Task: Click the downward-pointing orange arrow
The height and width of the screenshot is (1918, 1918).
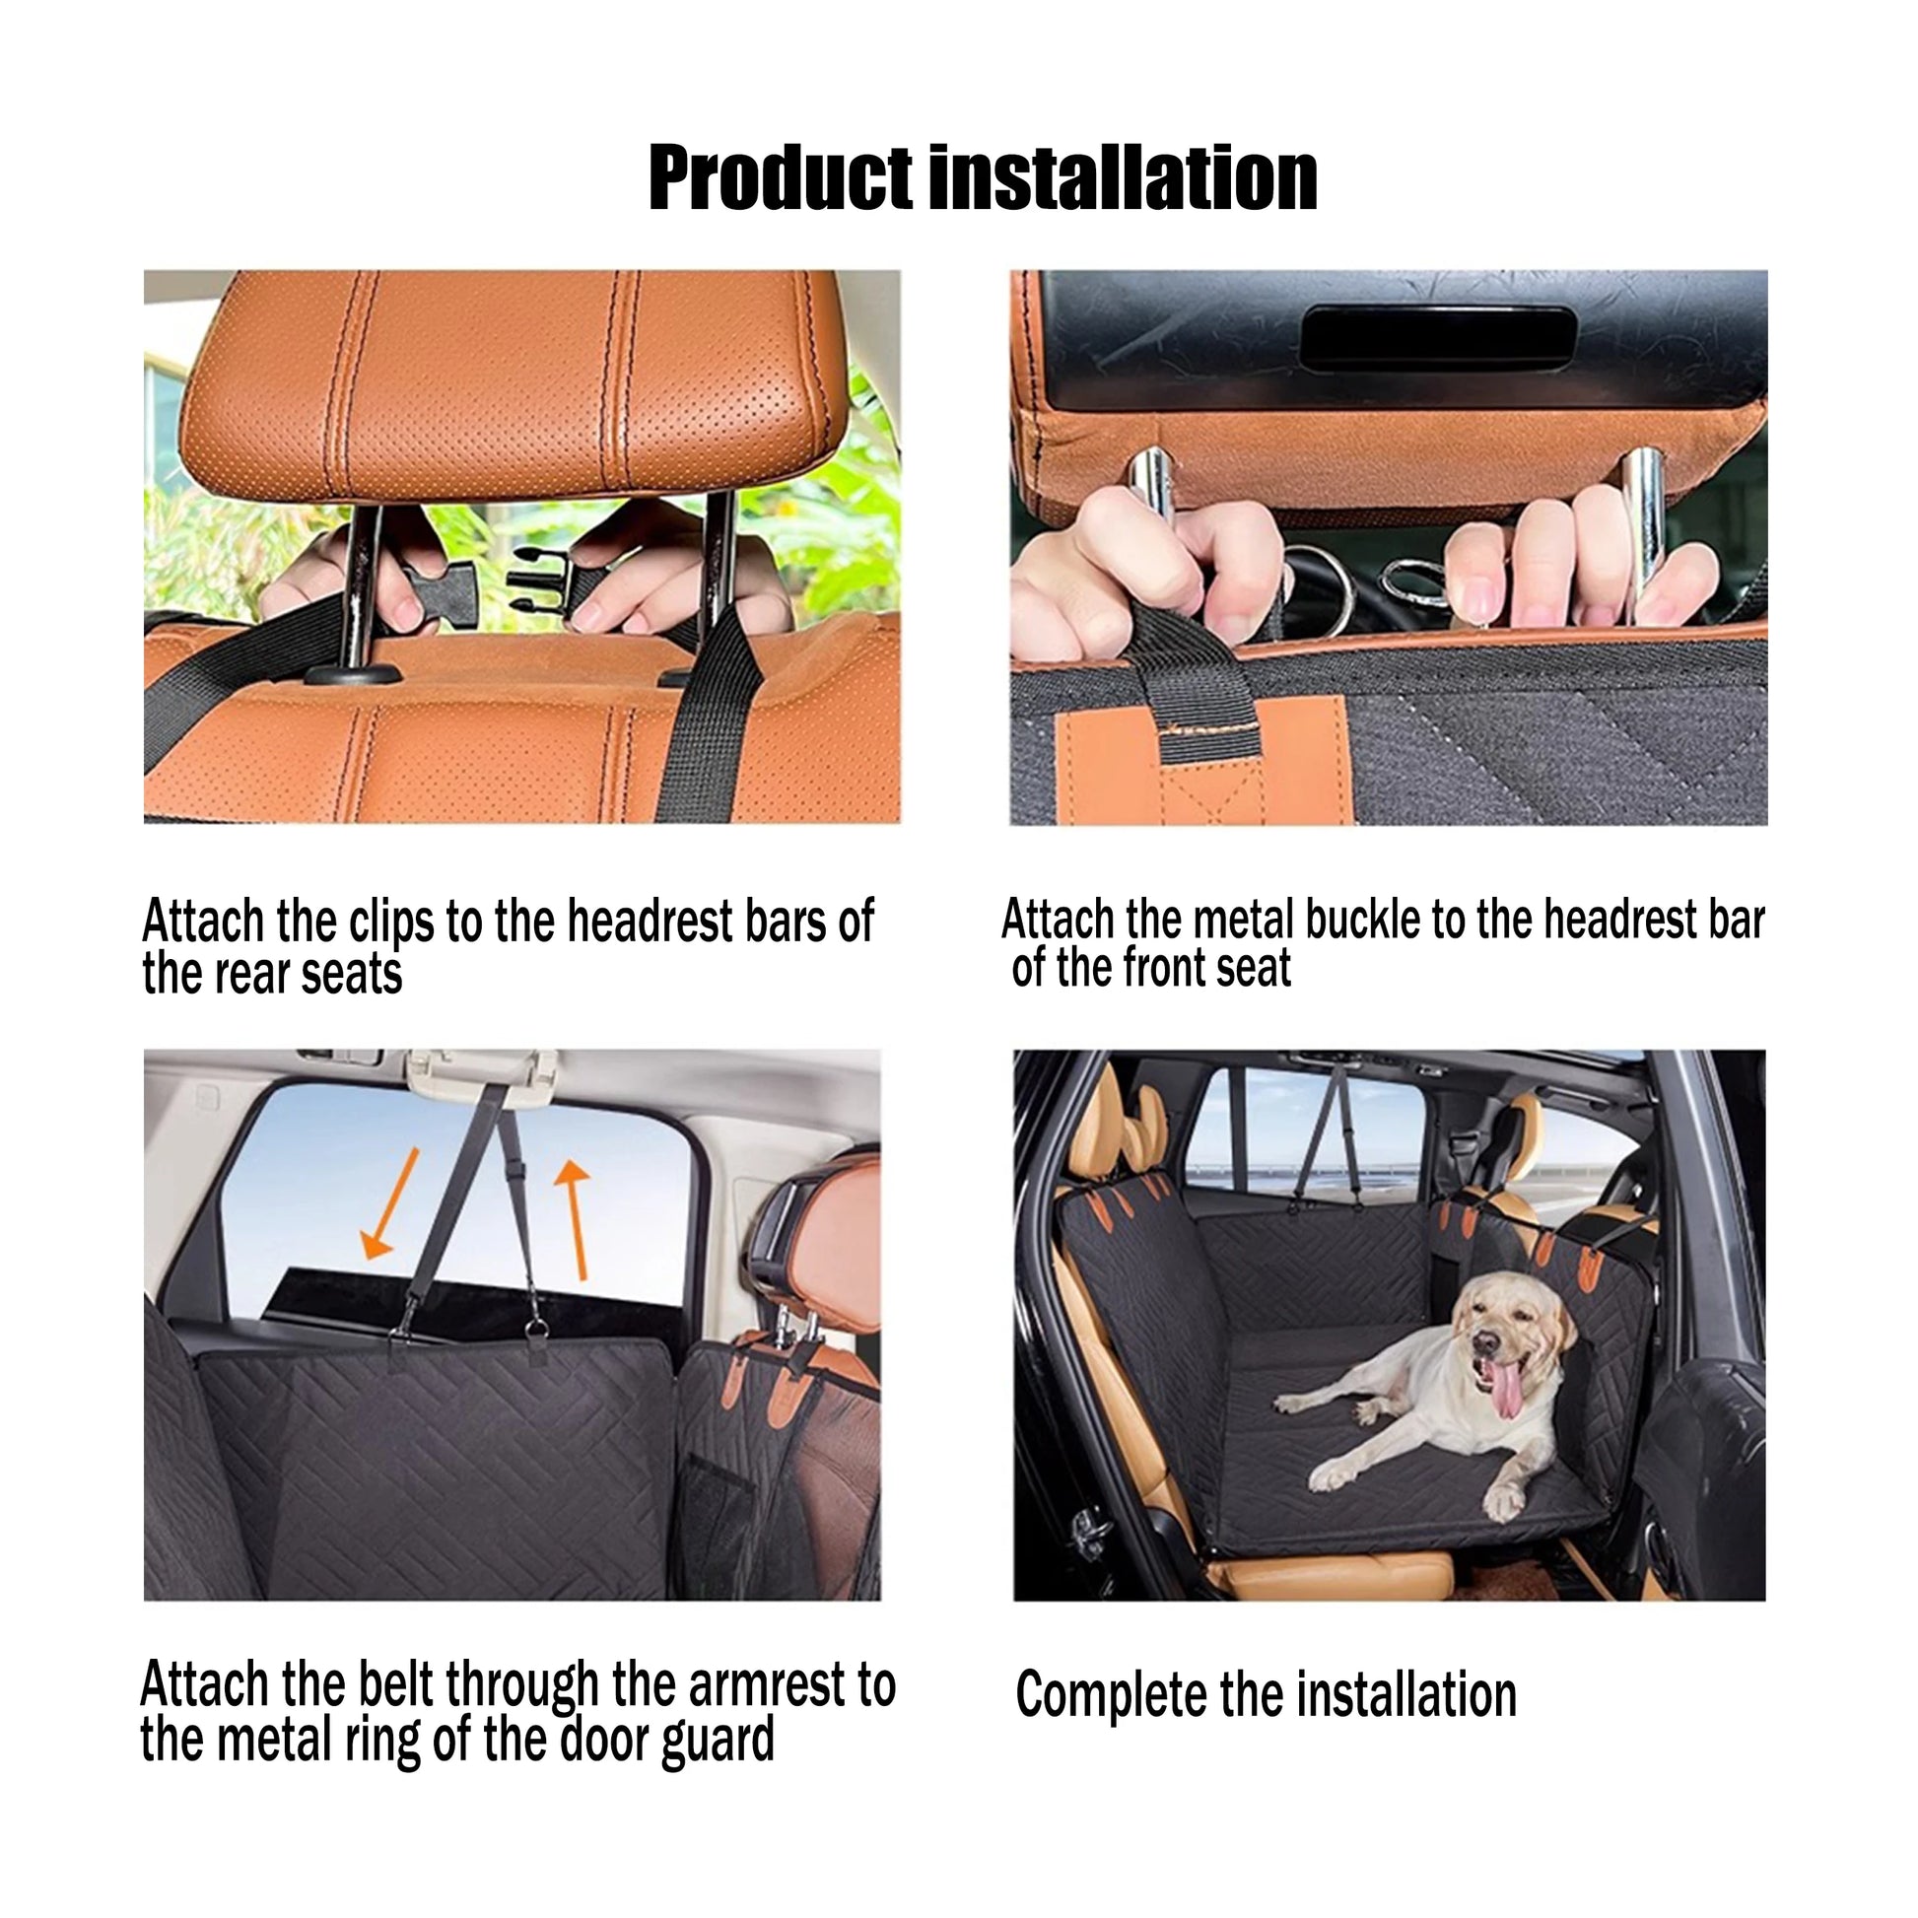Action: click(388, 1203)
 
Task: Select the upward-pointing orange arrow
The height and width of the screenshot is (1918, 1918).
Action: click(574, 1220)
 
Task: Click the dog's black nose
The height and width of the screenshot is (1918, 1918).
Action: click(1486, 1341)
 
